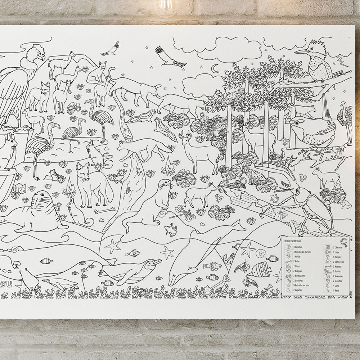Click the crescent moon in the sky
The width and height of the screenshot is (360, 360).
(215, 68)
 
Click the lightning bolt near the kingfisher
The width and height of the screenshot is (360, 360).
(341, 59)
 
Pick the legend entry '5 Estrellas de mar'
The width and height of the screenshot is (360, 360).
(302, 285)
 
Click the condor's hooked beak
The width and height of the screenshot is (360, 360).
(42, 57)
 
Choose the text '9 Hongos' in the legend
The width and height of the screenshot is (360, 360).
(337, 257)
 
